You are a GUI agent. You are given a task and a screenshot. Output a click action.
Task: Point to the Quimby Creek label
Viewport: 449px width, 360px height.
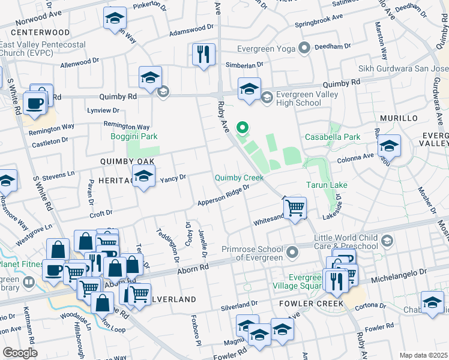240,178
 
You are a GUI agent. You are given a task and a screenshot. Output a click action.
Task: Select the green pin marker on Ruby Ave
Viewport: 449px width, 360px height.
243,127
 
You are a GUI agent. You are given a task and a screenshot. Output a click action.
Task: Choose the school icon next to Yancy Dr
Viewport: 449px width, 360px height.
143,176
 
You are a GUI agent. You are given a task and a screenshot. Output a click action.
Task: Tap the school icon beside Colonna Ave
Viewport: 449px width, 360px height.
389,146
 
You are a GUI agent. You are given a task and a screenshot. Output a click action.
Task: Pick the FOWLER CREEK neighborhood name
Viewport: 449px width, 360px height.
312,304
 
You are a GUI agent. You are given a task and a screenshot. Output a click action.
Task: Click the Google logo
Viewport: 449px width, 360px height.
20,353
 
